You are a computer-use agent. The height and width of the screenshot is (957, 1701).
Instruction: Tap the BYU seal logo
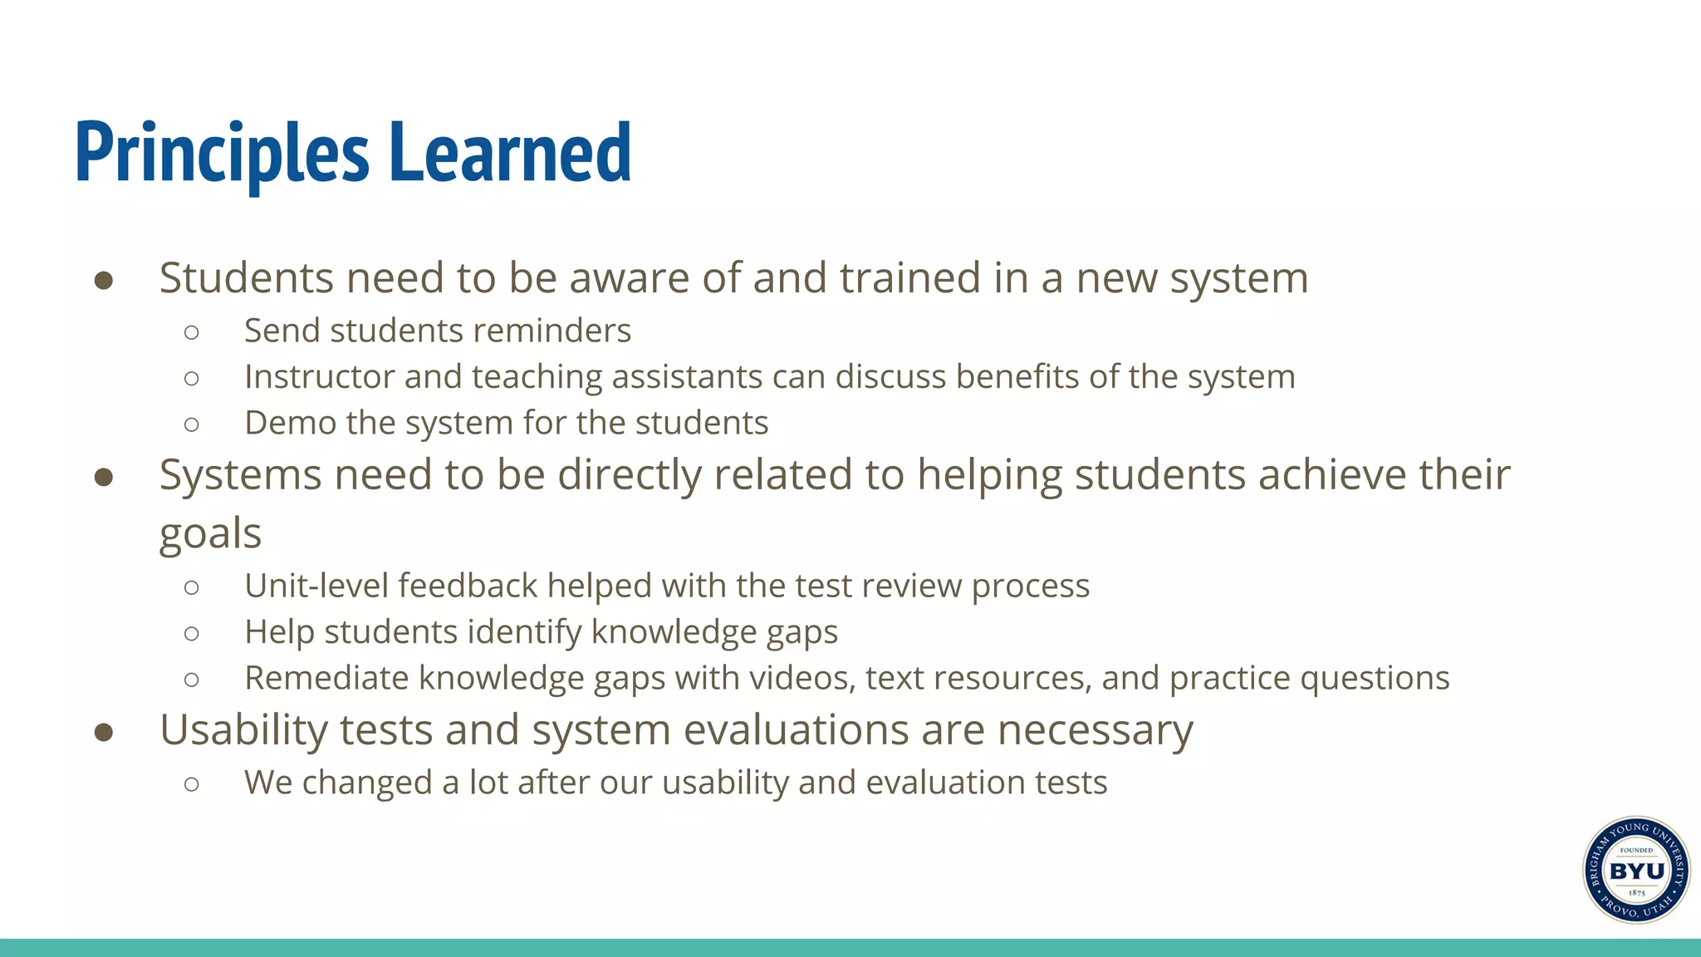point(1635,870)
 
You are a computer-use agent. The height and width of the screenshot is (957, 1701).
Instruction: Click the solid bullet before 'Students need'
point(104,281)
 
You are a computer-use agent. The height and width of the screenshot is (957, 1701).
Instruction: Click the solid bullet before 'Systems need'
point(104,478)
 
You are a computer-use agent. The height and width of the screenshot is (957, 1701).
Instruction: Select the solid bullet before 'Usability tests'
point(104,733)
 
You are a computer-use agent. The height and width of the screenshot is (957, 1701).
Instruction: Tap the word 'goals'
point(210,534)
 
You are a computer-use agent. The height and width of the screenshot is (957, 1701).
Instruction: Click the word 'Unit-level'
point(316,586)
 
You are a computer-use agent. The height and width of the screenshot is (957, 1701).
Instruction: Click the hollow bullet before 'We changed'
point(192,783)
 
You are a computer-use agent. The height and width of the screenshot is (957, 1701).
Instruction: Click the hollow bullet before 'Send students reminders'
point(192,332)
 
